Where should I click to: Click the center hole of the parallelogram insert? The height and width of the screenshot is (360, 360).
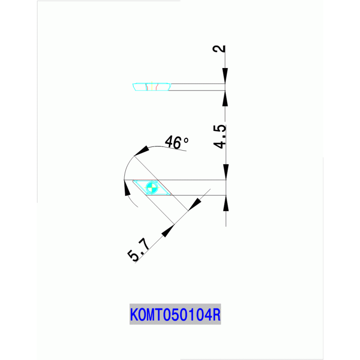click(x=152, y=187)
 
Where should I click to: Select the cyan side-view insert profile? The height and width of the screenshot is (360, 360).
click(x=152, y=87)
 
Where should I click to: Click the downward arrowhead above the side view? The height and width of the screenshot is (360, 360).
click(x=225, y=76)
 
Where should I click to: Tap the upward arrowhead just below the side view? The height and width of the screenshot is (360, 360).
click(x=225, y=97)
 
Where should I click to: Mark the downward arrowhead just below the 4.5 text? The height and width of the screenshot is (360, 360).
click(x=226, y=171)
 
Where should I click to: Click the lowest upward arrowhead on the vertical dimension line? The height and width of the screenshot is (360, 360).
click(x=226, y=203)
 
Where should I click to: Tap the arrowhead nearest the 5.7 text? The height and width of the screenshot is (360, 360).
click(x=168, y=230)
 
